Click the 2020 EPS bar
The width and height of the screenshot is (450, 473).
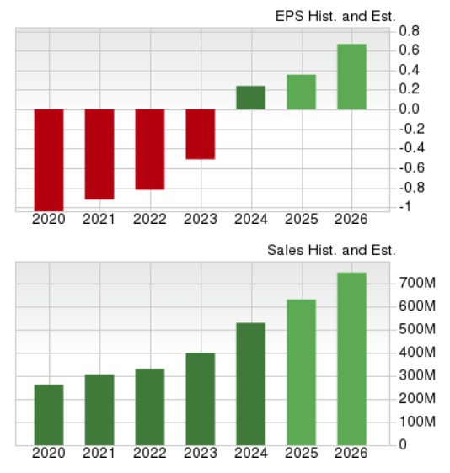point(49,159)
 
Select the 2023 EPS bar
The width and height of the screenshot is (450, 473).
point(201,134)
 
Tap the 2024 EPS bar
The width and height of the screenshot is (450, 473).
point(251,98)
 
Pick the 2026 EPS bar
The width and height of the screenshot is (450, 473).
point(351,77)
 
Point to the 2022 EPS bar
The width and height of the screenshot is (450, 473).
point(150,149)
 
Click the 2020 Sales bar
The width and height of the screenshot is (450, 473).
point(49,414)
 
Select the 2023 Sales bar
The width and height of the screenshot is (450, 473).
point(201,398)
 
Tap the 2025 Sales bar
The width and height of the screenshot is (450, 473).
point(301,371)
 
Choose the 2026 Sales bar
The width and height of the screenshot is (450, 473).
point(351,358)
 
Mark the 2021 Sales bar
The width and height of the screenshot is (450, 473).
point(99,409)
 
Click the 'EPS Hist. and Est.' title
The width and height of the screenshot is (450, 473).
point(335,16)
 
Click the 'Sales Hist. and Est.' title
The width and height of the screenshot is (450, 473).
point(331,250)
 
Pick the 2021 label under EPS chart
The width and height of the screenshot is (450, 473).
point(99,219)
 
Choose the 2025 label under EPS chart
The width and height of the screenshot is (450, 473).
point(301,219)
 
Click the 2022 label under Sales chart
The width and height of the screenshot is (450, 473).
point(150,454)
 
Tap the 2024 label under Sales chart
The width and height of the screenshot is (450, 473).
point(251,454)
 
